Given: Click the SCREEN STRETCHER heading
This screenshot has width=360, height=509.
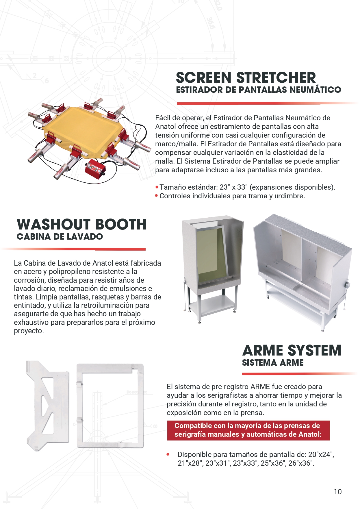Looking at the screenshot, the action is click(x=246, y=77).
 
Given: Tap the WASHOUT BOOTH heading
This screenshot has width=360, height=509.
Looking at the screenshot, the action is click(x=82, y=224).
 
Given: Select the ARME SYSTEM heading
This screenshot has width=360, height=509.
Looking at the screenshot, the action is click(x=292, y=350).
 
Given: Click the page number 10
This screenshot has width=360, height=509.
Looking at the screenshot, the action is click(x=337, y=492).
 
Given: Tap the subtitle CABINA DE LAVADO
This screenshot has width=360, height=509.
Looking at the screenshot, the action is click(x=60, y=236).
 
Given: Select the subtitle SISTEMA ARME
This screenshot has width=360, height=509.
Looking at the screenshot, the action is click(x=273, y=363).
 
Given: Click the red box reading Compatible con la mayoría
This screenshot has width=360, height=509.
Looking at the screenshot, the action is click(x=248, y=430).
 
